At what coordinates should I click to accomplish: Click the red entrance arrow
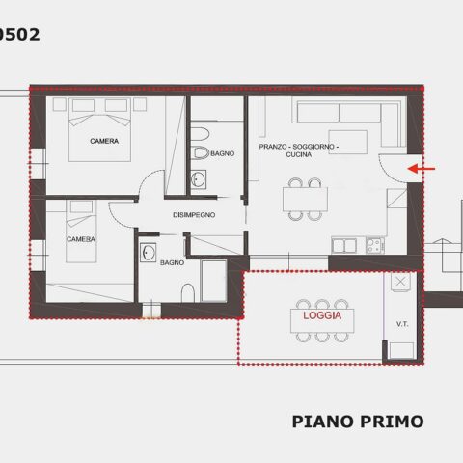pos(422,168)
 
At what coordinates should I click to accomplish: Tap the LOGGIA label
pos(322,315)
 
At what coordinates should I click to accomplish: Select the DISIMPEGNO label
pos(194,215)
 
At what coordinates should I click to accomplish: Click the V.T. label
pos(402,324)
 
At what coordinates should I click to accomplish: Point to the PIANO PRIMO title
pos(358,422)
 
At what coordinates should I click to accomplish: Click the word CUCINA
pos(299,154)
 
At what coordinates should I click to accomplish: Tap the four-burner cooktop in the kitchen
pos(375,245)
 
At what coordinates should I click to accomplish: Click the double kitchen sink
pos(344,245)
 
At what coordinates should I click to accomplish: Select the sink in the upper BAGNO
pos(199,179)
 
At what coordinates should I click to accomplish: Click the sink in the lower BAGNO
pos(149,253)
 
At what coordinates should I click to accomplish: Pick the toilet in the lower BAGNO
pos(188,293)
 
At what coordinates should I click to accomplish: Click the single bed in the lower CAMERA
pos(81,231)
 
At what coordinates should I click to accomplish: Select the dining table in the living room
pos(305,200)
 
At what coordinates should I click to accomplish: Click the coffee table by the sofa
pos(348,142)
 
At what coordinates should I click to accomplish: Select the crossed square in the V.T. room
pos(400,282)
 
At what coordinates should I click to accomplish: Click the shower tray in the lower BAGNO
pos(214,281)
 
